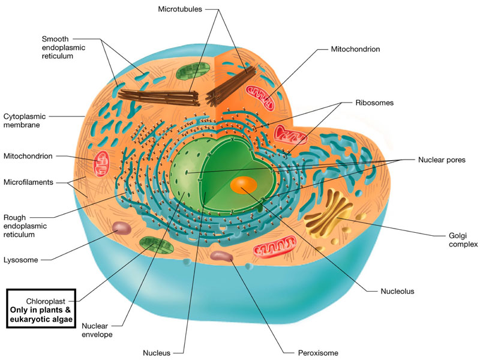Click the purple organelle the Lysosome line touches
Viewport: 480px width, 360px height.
[x=122, y=229]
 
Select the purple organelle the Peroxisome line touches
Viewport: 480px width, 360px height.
[x=221, y=257]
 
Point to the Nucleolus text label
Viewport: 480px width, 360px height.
[x=398, y=292]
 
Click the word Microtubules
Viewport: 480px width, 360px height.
[x=180, y=9]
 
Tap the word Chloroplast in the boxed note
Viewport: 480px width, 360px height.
[x=46, y=300]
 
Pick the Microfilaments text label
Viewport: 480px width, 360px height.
[x=28, y=182]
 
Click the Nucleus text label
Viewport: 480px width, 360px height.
[x=157, y=352]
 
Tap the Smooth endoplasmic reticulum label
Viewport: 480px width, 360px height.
[x=65, y=47]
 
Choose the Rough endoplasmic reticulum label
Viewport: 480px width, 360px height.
[x=26, y=226]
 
